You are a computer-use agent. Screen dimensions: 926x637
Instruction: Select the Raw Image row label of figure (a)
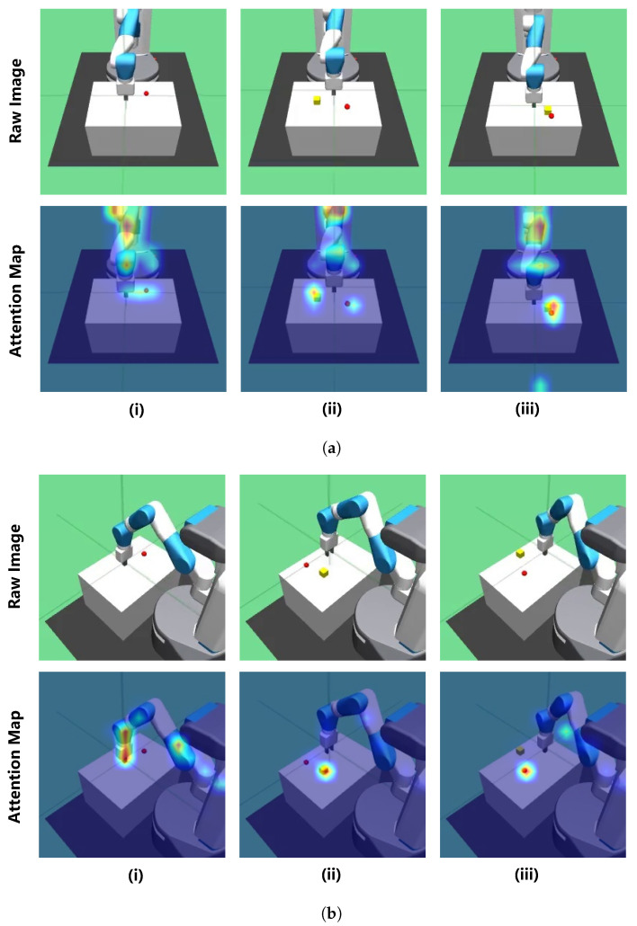point(16,100)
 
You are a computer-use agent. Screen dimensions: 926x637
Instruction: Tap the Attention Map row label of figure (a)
point(16,298)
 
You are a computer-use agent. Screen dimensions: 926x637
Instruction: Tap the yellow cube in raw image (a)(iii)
point(547,110)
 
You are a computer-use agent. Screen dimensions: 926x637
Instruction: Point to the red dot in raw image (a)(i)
point(147,93)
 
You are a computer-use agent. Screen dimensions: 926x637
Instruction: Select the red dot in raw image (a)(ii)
point(347,105)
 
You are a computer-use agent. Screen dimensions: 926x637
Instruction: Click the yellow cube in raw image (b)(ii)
point(324,572)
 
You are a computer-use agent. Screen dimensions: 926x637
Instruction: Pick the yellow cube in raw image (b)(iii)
point(520,554)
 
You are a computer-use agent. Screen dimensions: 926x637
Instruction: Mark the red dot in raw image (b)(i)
point(144,556)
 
